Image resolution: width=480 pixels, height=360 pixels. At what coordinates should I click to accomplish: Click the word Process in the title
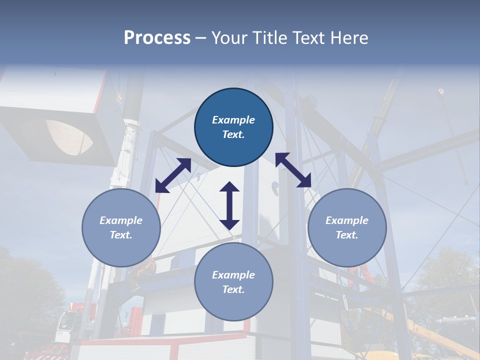tap(157, 38)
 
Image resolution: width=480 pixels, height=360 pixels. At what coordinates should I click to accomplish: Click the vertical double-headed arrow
tap(229, 205)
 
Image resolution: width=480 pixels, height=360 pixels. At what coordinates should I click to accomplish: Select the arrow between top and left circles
tap(173, 175)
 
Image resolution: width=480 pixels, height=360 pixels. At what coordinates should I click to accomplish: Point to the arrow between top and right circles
tap(293, 170)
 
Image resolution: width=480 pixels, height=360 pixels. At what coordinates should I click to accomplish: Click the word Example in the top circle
tap(233, 120)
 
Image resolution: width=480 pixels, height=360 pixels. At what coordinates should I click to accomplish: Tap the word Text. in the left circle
tap(121, 235)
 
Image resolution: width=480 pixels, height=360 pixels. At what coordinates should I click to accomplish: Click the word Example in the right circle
tap(347, 220)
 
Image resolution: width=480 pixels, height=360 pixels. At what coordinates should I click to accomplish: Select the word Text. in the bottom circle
tap(233, 289)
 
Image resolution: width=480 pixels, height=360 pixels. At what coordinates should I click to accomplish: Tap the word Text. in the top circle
tap(233, 134)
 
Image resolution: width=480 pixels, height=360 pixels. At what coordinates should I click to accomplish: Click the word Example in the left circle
tap(121, 220)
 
